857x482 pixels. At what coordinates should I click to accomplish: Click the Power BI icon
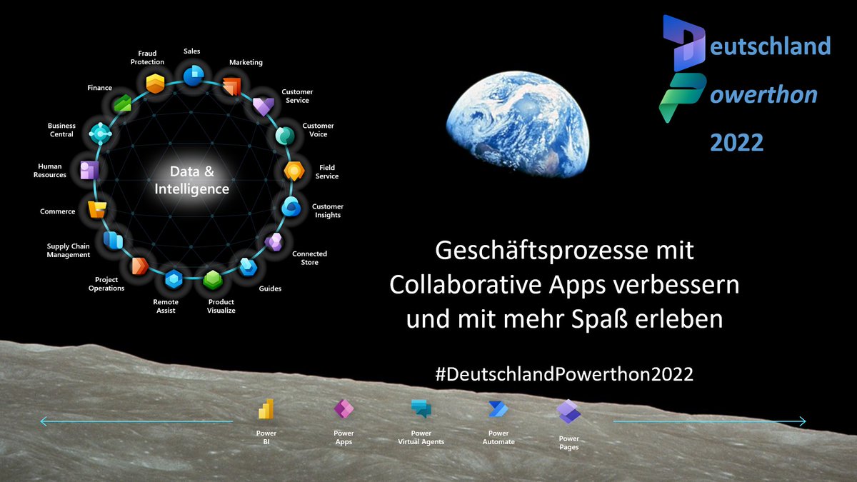[x=266, y=409]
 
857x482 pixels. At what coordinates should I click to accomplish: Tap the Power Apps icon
[x=344, y=409]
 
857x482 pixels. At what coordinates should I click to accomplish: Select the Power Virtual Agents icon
[x=421, y=409]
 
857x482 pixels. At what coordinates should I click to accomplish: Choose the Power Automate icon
[x=498, y=409]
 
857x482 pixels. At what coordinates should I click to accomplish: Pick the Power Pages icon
[x=568, y=412]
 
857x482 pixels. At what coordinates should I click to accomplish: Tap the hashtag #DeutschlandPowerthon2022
[x=564, y=373]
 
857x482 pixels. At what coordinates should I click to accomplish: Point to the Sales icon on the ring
[x=193, y=75]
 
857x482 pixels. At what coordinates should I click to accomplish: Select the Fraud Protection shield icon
[x=155, y=83]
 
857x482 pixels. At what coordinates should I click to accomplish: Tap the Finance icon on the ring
[x=122, y=104]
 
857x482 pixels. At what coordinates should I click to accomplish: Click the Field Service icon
[x=294, y=171]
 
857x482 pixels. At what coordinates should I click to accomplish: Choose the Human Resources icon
[x=89, y=170]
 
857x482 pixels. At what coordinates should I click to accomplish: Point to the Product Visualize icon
[x=212, y=279]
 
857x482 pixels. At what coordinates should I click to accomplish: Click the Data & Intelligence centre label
[x=191, y=181]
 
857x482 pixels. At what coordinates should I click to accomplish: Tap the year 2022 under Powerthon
[x=736, y=142]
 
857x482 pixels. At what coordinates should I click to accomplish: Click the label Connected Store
[x=310, y=258]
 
